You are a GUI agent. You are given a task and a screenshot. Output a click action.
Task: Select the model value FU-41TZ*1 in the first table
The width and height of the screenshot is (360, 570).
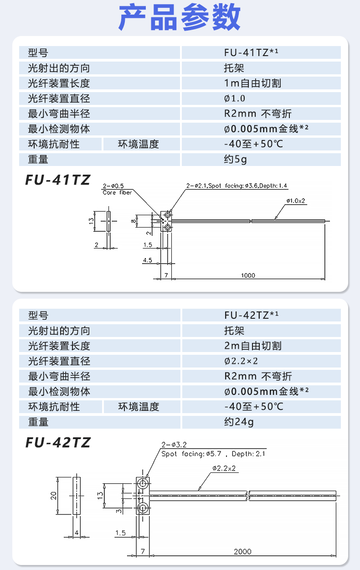click(251, 53)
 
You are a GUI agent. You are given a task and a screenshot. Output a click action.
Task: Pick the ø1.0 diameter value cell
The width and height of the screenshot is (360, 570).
click(235, 98)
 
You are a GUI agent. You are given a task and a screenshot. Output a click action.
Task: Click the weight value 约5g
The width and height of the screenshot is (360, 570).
click(236, 159)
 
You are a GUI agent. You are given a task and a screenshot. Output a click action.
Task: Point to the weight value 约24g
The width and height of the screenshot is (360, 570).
click(239, 422)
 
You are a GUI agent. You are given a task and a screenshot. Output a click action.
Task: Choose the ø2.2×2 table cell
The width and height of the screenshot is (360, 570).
click(242, 361)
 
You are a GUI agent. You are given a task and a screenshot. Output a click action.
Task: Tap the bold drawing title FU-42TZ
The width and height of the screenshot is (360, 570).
click(57, 442)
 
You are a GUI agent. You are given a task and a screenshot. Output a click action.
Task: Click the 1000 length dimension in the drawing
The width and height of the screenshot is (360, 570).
click(248, 275)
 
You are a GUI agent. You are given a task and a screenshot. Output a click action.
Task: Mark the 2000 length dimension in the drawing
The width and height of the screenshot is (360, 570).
click(242, 551)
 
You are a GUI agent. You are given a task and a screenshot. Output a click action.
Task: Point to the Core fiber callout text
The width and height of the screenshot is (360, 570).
click(117, 192)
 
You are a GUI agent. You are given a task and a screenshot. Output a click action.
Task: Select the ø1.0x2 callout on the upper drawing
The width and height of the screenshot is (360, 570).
click(295, 201)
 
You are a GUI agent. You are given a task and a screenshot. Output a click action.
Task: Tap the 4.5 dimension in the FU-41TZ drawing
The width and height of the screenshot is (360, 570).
click(147, 260)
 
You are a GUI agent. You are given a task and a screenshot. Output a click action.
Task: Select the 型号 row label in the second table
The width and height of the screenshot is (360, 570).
click(38, 316)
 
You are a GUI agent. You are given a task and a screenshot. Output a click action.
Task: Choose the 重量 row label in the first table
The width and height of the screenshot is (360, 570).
click(38, 159)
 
